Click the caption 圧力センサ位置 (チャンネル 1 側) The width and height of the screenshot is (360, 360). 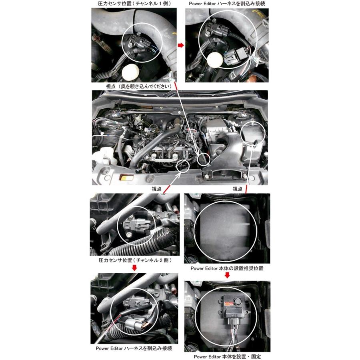pyautogui.click(x=134, y=4)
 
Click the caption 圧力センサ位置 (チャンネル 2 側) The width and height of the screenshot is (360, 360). pyautogui.click(x=135, y=260)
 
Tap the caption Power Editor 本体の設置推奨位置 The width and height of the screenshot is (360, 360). pyautogui.click(x=227, y=268)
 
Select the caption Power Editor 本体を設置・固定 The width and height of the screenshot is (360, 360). pyautogui.click(x=227, y=356)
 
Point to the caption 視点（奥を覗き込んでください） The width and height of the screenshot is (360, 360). pyautogui.click(x=139, y=86)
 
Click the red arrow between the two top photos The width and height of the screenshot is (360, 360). pyautogui.click(x=181, y=45)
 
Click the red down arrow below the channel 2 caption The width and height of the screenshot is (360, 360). pyautogui.click(x=134, y=268)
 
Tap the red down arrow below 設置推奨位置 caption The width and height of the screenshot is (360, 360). pyautogui.click(x=227, y=275)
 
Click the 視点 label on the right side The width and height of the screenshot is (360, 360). pyautogui.click(x=237, y=189)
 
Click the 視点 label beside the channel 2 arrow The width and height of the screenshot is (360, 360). pyautogui.click(x=156, y=189)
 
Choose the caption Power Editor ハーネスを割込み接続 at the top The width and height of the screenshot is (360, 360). pyautogui.click(x=227, y=4)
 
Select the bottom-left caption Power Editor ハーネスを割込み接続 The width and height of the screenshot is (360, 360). pyautogui.click(x=134, y=348)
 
